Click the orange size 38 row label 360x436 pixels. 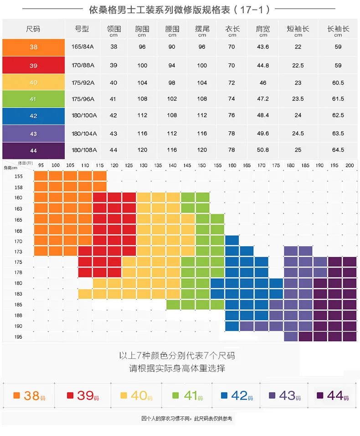pyautogui.click(x=33, y=47)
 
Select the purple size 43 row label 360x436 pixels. pyautogui.click(x=33, y=134)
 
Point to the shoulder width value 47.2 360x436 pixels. pyautogui.click(x=263, y=99)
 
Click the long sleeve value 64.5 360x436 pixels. pyautogui.click(x=338, y=150)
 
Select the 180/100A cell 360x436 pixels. pyautogui.click(x=84, y=115)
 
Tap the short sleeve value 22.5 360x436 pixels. pyautogui.click(x=298, y=65)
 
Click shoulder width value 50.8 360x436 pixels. pyautogui.click(x=263, y=150)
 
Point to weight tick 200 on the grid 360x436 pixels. pyautogui.click(x=350, y=165)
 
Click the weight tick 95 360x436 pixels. pyautogui.click(x=41, y=165)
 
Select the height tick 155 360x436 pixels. pyautogui.click(x=18, y=176)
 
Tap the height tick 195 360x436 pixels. pyautogui.click(x=18, y=337)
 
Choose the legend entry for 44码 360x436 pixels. pyautogui.click(x=333, y=396)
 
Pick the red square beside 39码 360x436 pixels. pyautogui.click(x=70, y=396)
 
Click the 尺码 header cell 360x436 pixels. pyautogui.click(x=33, y=29)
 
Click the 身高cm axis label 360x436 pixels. pyautogui.click(x=10, y=168)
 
